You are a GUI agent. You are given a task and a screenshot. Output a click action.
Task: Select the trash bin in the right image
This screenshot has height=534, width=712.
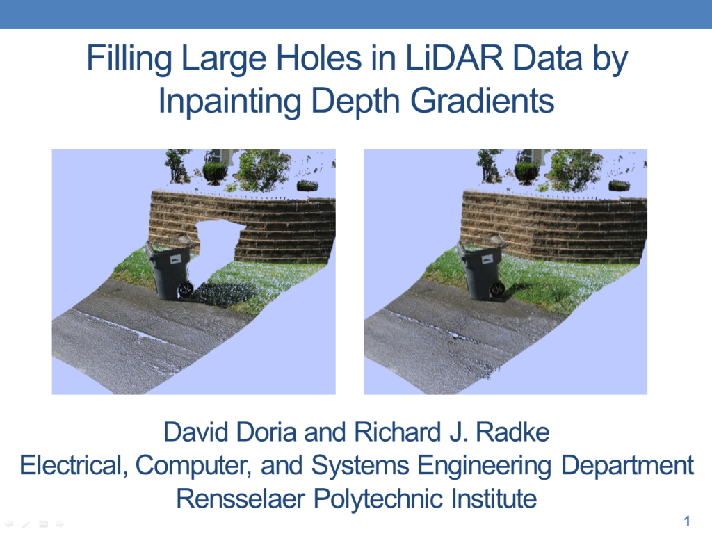click(x=479, y=271)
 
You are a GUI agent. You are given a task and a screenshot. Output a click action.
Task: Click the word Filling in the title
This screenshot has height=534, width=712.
click(x=129, y=60)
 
